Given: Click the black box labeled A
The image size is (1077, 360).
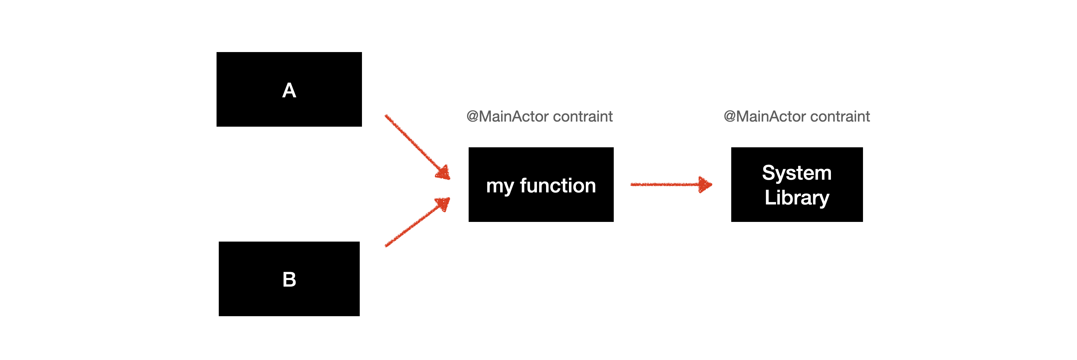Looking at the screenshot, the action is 289,89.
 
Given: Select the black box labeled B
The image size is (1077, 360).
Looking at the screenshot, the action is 289,279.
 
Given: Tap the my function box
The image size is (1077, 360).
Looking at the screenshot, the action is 541,184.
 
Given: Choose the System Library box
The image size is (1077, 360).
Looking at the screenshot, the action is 797,184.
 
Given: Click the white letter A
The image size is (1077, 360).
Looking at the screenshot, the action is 289,90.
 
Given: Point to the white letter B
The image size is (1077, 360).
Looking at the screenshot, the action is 289,279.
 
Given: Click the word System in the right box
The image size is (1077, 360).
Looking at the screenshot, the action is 797,173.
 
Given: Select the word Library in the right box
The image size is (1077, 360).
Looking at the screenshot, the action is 797,197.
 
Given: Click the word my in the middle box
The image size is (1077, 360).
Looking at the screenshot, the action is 500,187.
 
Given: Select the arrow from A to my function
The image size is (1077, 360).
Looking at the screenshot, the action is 417,147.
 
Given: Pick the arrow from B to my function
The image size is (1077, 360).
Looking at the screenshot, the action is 417,222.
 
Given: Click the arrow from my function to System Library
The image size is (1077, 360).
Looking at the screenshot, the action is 671,184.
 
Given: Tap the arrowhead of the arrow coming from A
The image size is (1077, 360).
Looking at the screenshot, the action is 444,173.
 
